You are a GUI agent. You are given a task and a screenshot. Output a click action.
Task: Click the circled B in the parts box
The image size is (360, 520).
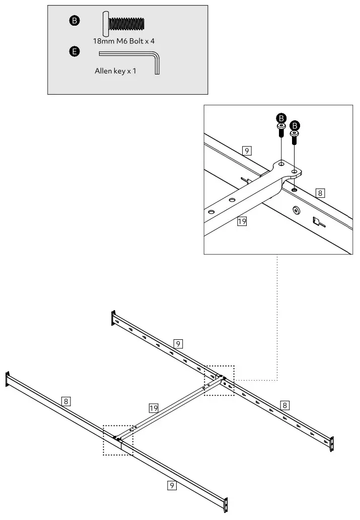[x=74, y=21]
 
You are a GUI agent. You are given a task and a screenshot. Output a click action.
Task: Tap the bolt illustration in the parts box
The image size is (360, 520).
[x=124, y=23]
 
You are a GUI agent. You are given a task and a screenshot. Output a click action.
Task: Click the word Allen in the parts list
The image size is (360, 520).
[x=103, y=71]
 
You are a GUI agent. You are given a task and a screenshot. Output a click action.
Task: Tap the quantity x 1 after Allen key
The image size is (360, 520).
[x=132, y=71]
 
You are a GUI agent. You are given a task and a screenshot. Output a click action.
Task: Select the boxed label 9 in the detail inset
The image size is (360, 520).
[x=246, y=151]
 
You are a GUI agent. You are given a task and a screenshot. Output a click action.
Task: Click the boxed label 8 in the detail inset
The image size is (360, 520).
[x=321, y=192]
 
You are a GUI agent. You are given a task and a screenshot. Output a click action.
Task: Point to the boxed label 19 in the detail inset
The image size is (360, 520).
[x=242, y=220]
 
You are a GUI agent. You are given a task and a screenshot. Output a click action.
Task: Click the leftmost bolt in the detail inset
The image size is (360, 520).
[x=281, y=128]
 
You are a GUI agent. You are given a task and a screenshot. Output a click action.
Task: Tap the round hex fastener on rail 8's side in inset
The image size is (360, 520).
[x=296, y=209]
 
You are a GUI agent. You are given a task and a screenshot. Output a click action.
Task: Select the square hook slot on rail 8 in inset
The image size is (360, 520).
[x=316, y=220]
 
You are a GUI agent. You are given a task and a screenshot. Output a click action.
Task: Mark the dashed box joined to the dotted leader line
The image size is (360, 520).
[x=219, y=380]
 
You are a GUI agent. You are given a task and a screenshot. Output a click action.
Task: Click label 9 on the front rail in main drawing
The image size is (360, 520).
[x=172, y=485]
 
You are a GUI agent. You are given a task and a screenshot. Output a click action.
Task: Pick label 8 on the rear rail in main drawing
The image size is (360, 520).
[x=285, y=404]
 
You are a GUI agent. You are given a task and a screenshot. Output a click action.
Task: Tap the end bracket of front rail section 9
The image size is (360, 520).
[x=226, y=505]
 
